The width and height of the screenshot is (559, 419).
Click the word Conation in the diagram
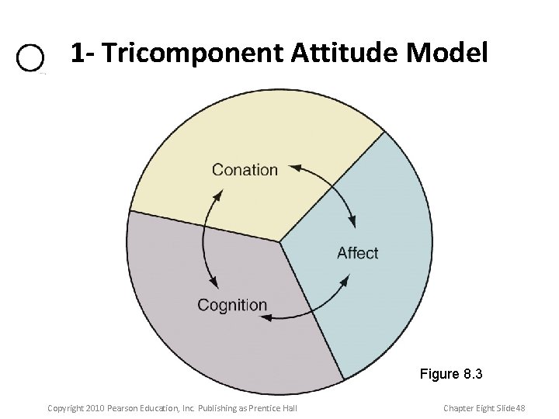[x=245, y=170]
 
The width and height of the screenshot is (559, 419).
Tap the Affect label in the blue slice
[x=357, y=253]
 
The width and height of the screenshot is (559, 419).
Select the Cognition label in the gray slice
[x=231, y=305]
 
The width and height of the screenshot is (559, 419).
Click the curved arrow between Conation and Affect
[x=334, y=186]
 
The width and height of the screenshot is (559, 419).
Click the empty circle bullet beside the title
[x=30, y=59]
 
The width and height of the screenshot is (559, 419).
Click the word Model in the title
[x=447, y=54]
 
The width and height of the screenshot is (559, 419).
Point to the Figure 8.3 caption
[x=451, y=374]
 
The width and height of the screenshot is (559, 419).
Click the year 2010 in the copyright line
[x=92, y=408]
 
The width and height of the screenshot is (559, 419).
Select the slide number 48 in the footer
[x=519, y=408]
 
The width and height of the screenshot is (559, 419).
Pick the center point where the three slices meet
[x=279, y=241]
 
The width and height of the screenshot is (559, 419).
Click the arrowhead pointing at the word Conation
[x=293, y=166]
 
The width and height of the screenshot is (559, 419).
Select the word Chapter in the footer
[x=460, y=408]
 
